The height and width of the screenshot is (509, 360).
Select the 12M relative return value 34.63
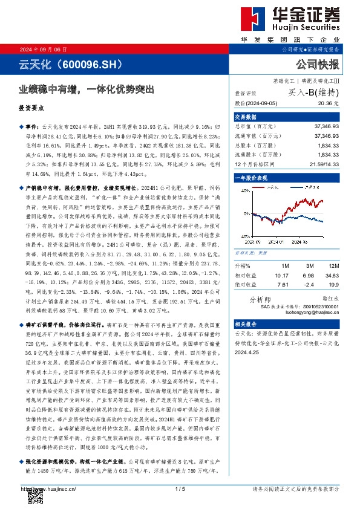pyautogui.click(x=330, y=274)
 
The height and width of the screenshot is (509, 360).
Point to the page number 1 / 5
pyautogui.click(x=180, y=488)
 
